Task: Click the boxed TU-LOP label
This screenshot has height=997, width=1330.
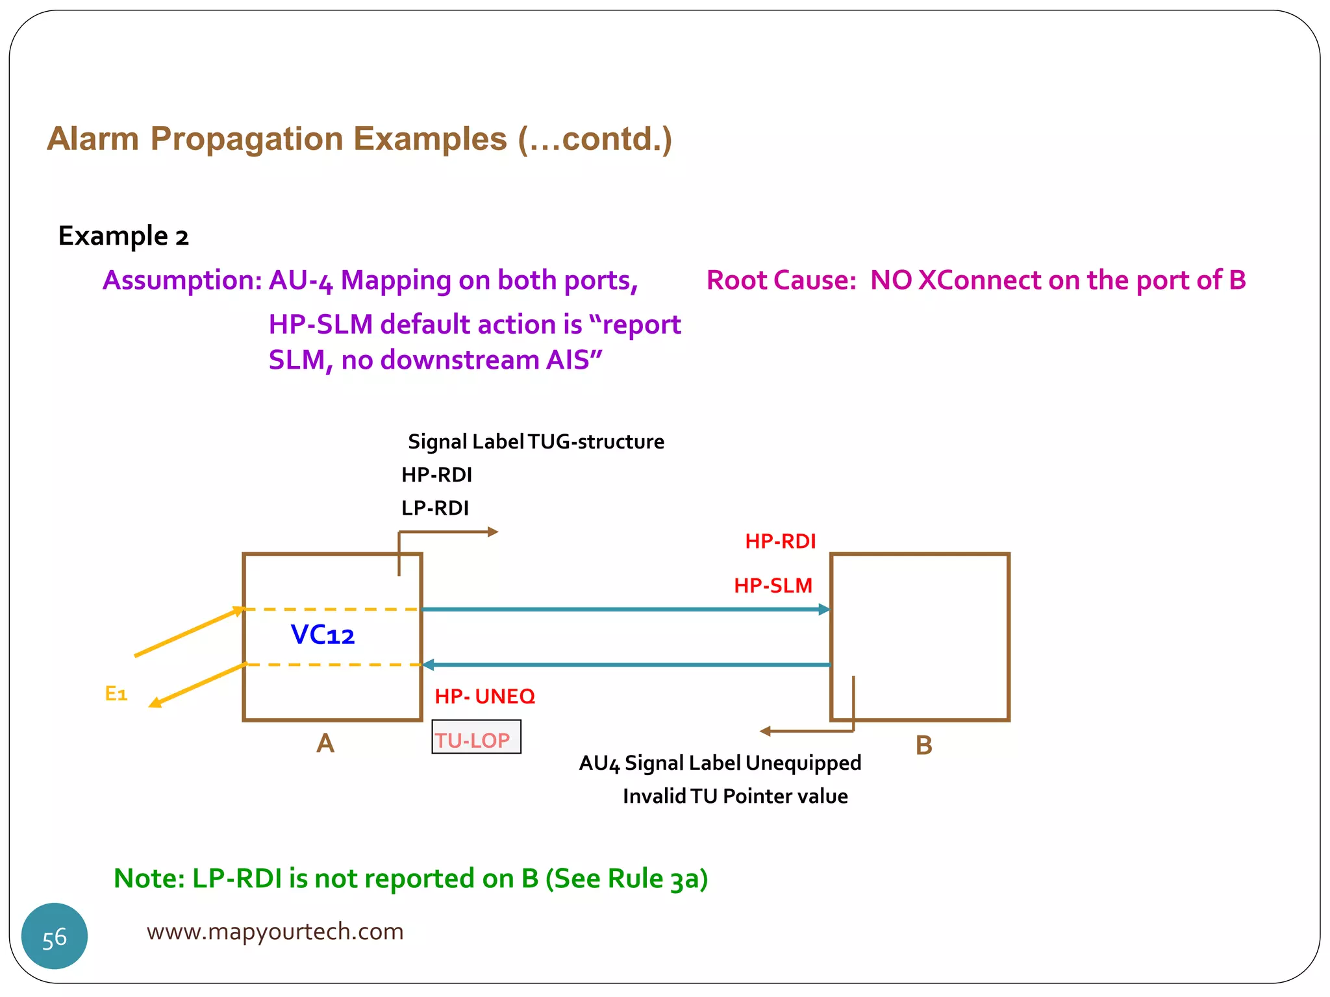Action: pos(476,739)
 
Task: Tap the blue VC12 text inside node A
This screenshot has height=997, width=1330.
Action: pos(323,634)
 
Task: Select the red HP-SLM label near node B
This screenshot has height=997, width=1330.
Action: pos(773,585)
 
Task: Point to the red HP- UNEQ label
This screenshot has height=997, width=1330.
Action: pos(484,696)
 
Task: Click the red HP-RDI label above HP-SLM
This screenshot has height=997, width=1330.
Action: pos(780,541)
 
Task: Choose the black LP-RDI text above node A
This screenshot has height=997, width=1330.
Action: pos(434,508)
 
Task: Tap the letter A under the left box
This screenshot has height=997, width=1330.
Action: pos(325,743)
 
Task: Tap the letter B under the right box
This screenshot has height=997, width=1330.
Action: pos(923,745)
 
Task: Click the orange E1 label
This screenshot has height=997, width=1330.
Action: pos(116,694)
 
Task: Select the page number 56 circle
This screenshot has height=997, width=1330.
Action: pos(55,937)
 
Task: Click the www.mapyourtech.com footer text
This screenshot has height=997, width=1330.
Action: pos(275,931)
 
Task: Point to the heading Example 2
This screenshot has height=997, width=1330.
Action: pos(123,236)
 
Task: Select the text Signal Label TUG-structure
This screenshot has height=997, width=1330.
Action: pos(536,442)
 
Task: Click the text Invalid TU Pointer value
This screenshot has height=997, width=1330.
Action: pos(735,796)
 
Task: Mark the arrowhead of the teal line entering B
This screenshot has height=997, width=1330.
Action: pos(825,609)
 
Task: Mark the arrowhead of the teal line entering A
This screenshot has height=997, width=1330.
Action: pos(429,665)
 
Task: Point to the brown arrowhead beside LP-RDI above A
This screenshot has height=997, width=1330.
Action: pos(493,532)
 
